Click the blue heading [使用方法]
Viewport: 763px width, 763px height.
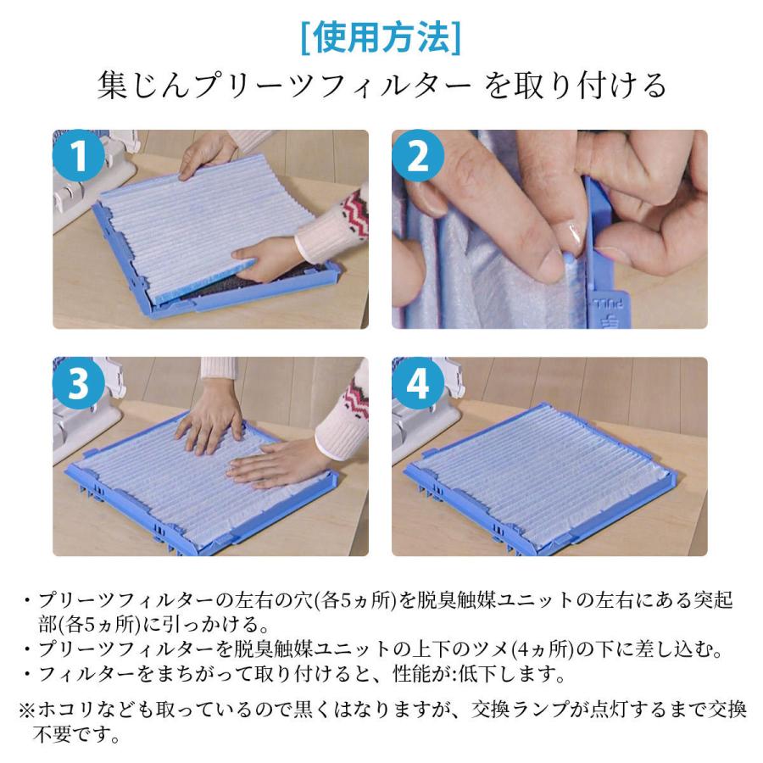(x=381, y=38)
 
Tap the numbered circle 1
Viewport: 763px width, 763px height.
(x=79, y=156)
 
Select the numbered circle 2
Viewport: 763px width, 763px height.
(x=418, y=156)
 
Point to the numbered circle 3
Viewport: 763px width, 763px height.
(x=79, y=383)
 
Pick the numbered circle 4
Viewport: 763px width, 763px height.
(x=418, y=383)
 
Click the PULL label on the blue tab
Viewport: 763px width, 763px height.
(x=610, y=304)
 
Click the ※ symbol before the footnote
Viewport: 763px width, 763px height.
(x=27, y=710)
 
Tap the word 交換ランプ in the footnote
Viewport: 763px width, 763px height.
(x=521, y=710)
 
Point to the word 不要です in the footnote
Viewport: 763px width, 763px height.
(x=76, y=735)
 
